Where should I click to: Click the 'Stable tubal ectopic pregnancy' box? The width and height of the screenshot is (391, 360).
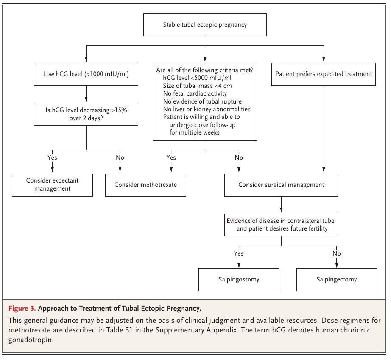205,25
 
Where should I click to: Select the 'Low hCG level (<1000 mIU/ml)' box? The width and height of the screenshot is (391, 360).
86,74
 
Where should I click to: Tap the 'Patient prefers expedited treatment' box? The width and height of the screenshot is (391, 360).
324,74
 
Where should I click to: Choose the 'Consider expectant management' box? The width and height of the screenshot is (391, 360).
52,185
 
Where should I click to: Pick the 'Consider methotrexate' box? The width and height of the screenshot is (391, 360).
145,185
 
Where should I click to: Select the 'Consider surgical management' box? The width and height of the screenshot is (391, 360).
281,185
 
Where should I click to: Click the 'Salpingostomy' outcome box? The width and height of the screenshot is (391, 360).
239,279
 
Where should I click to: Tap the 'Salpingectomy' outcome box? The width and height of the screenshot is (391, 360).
336,279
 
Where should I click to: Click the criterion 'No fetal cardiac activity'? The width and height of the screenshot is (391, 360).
195,93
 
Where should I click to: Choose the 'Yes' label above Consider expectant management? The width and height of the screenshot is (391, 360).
52,157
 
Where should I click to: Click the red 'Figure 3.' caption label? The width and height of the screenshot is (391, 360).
22,307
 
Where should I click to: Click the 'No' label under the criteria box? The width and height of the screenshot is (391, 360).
239,157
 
